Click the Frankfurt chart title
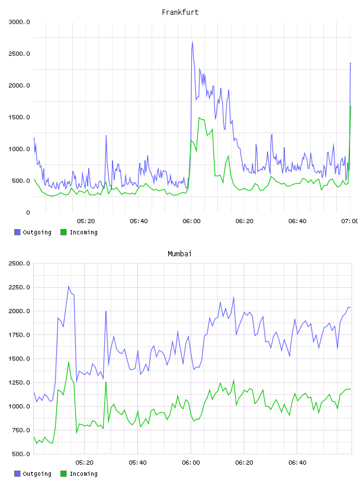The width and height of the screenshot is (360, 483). pos(180,12)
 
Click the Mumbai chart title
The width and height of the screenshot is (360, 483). pos(179,254)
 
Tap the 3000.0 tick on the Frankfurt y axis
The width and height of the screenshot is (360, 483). pos(19,22)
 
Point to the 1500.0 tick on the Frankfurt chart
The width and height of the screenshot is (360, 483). pos(19,117)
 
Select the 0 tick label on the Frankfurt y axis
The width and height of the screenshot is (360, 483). pos(28,212)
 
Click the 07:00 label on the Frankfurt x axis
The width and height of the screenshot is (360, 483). pos(349,221)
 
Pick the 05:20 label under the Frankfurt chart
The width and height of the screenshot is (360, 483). pos(86,221)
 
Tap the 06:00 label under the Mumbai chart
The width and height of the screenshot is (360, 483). pos(191,463)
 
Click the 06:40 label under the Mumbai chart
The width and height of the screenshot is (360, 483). pos(297,463)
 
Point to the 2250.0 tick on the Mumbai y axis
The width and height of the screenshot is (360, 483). pos(19,288)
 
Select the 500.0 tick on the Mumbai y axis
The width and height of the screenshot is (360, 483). pos(21,454)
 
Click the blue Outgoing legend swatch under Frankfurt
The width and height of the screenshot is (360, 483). pos(17,232)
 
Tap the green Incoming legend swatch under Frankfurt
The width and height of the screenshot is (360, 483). pos(63,232)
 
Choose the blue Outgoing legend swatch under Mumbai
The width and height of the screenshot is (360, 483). pos(17,474)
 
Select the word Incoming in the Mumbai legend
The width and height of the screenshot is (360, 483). pos(83,474)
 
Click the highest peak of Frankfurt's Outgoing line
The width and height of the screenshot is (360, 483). pos(192,41)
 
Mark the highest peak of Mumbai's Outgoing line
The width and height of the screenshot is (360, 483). pos(69,286)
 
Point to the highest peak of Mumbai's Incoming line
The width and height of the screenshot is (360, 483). pos(69,362)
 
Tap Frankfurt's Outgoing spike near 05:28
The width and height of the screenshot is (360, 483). pos(106,135)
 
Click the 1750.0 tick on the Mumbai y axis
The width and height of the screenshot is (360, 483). pos(19,335)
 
